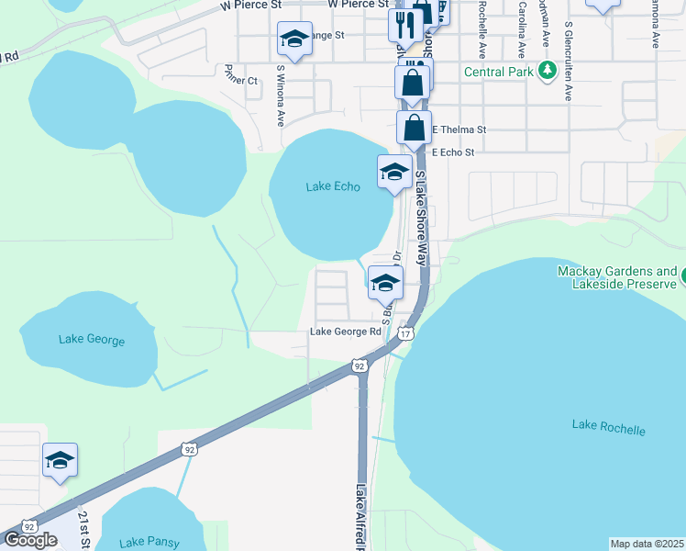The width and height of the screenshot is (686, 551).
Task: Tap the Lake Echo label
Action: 333,186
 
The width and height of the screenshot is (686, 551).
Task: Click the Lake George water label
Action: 92,340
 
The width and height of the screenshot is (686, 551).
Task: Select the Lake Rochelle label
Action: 608,429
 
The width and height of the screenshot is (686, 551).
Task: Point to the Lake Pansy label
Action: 142,541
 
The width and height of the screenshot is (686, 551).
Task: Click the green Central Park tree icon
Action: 548,71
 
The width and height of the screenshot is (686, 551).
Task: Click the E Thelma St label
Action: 459,130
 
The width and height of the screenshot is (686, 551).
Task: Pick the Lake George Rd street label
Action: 345,332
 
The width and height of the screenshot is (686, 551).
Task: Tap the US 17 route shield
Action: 405,333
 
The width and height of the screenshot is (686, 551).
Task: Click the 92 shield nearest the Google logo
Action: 29,527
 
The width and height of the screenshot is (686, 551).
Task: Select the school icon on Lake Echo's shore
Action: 394,172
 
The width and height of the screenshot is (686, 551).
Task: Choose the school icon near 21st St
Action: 60,459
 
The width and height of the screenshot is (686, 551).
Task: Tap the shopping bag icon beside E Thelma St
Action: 414,127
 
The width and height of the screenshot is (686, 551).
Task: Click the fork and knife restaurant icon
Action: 404,23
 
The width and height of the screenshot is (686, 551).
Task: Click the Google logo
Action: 30,540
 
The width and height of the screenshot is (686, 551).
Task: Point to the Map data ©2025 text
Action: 647,544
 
